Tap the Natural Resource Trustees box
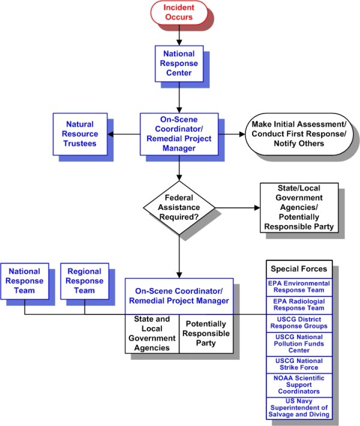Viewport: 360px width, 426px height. [x=79, y=134]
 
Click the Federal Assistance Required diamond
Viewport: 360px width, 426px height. [x=179, y=208]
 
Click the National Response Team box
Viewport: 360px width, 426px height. [x=24, y=281]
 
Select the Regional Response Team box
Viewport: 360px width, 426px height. [x=84, y=281]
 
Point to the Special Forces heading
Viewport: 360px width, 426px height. [x=299, y=269]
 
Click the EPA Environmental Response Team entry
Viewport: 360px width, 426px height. [x=299, y=287]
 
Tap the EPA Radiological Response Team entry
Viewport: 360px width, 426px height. [x=299, y=305]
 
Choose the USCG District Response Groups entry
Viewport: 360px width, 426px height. [x=299, y=322]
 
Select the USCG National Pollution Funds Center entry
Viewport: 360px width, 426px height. [x=299, y=344]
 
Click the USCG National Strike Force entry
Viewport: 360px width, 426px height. [x=299, y=364]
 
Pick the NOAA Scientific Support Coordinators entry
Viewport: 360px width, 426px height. [x=299, y=384]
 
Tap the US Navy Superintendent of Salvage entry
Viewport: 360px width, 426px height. [x=299, y=407]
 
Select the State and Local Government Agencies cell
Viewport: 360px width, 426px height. [x=152, y=334]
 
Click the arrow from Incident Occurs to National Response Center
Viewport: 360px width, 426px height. [x=179, y=35]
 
